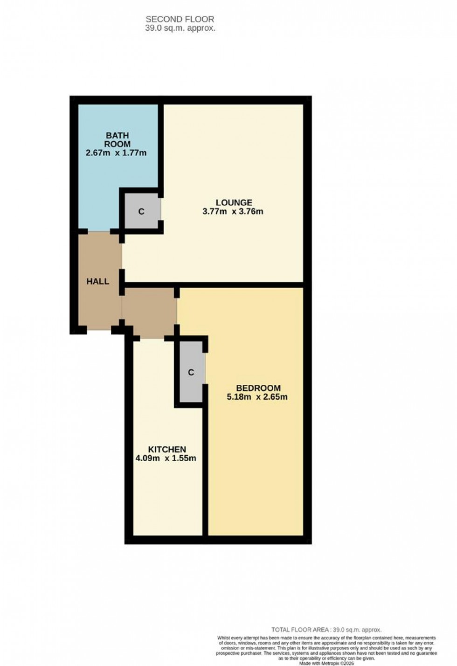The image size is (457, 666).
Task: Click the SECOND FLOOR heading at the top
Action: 180,19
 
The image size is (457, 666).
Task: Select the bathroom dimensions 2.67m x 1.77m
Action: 116,153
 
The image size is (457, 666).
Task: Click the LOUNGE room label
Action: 234,202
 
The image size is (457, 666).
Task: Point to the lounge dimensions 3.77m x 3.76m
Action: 233,211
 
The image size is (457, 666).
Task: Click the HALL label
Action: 98,281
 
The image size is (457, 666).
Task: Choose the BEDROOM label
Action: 258,388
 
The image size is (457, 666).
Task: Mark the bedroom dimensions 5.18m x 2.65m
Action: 257,397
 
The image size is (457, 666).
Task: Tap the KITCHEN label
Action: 167,449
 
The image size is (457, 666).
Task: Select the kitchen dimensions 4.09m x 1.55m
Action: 166,458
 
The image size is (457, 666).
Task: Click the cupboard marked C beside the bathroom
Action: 141,212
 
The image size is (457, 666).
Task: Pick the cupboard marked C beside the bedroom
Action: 191,372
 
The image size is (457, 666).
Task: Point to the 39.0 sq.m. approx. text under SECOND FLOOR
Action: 180,28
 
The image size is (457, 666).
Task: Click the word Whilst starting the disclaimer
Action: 223,638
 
